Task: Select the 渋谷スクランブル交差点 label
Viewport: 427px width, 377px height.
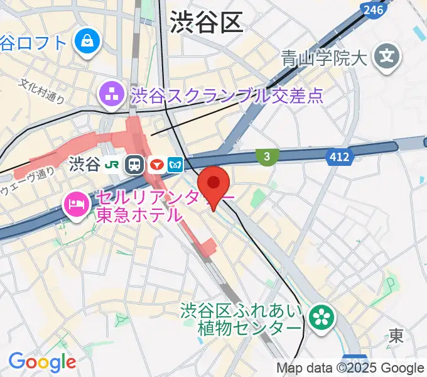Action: (227, 96)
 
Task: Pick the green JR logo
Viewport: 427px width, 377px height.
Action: (113, 165)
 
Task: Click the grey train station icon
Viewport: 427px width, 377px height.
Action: (134, 165)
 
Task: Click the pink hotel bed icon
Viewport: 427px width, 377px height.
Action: (75, 204)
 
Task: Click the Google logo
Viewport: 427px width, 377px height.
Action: (41, 362)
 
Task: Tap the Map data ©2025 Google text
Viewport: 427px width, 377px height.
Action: (350, 368)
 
